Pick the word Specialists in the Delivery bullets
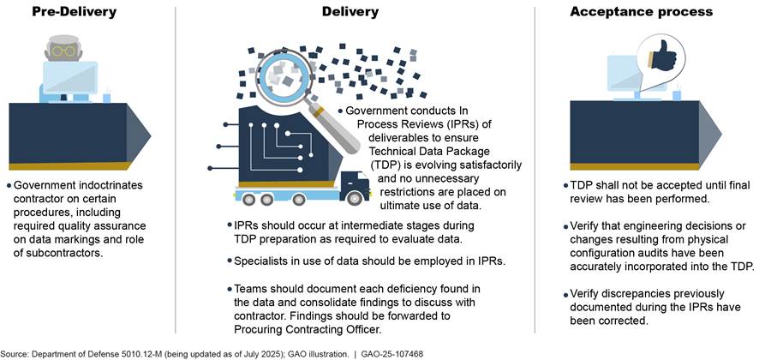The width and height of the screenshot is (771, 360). coord(254,260)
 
